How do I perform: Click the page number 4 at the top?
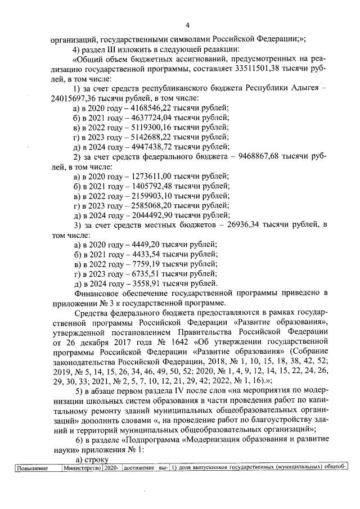(x=187, y=24)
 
